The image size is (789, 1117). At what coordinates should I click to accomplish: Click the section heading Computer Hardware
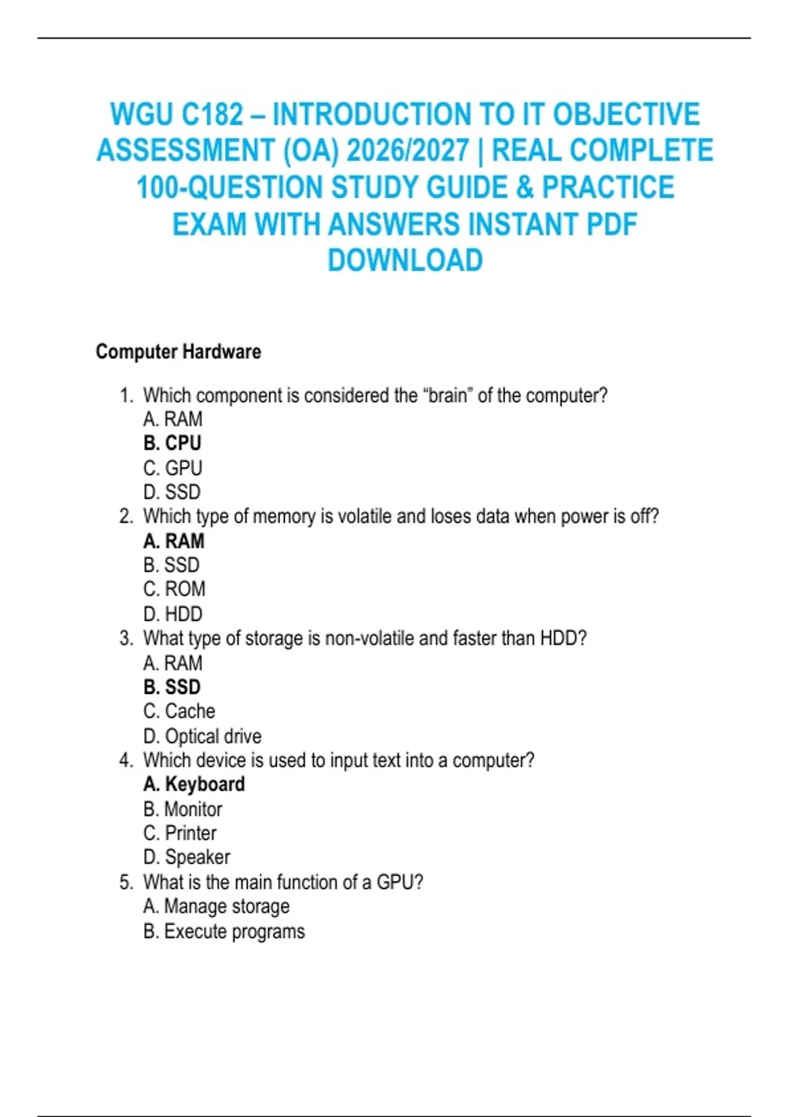click(x=178, y=352)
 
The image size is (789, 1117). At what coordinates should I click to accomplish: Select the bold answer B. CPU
click(x=172, y=443)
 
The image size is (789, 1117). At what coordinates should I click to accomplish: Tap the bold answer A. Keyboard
click(x=194, y=784)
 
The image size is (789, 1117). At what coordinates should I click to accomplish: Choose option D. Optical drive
click(x=202, y=736)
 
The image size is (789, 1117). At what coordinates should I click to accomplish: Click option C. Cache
click(x=179, y=711)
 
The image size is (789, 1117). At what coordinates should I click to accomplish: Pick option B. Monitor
click(x=183, y=809)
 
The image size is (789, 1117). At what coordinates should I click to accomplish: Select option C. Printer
click(x=179, y=832)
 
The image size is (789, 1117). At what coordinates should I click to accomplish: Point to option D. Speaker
click(x=187, y=857)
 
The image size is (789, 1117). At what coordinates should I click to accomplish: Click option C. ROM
click(x=174, y=589)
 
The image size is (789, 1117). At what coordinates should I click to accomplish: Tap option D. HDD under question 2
click(x=173, y=614)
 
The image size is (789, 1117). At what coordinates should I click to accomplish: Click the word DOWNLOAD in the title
click(x=405, y=260)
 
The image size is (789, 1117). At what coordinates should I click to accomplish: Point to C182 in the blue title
click(x=212, y=114)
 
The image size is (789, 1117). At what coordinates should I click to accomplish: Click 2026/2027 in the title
click(x=408, y=150)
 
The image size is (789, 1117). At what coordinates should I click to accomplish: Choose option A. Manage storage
click(x=216, y=906)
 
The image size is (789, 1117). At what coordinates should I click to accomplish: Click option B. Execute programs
click(x=224, y=931)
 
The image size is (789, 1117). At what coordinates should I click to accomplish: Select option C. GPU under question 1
click(x=173, y=468)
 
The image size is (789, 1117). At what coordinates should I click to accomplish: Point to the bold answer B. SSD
click(x=172, y=687)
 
